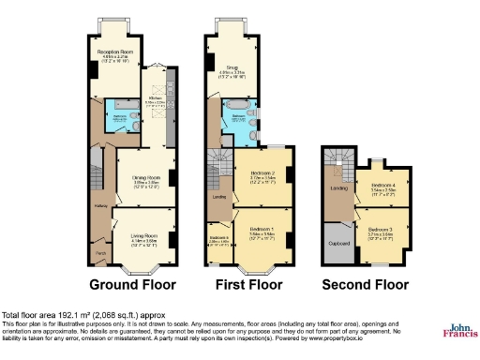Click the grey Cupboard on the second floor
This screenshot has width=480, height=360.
pyautogui.click(x=338, y=242)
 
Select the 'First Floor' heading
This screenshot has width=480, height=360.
pyautogui.click(x=249, y=285)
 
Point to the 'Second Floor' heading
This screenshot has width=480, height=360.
pyautogui.click(x=366, y=285)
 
